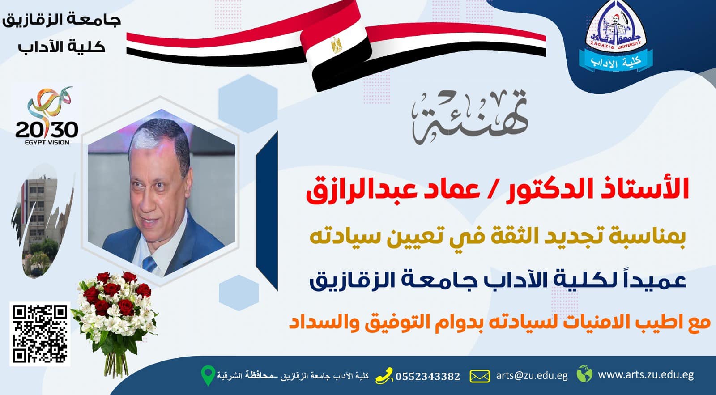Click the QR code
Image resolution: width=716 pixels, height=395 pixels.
click(x=40, y=334)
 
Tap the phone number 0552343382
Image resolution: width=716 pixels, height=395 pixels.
click(x=428, y=377)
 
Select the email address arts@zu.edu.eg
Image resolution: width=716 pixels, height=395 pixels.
click(x=532, y=375)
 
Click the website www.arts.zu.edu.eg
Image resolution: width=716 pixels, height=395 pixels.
click(x=646, y=374)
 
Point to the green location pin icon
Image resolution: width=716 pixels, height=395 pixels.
click(x=208, y=375)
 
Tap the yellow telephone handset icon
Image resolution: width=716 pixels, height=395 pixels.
click(x=384, y=375)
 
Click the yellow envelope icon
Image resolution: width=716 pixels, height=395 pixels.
click(x=479, y=376)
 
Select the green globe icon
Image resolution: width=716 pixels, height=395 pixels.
click(x=584, y=374)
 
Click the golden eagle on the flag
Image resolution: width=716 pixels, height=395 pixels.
click(x=336, y=44)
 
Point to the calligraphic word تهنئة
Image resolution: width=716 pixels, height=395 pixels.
click(x=469, y=117)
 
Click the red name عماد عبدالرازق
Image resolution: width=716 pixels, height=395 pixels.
click(x=393, y=191)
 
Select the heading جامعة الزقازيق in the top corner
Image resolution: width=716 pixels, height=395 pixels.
click(x=61, y=21)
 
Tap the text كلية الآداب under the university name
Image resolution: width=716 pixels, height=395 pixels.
click(x=61, y=47)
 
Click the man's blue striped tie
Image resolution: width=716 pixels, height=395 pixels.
click(x=149, y=265)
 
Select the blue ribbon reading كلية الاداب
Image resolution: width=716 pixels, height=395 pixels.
click(x=616, y=61)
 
